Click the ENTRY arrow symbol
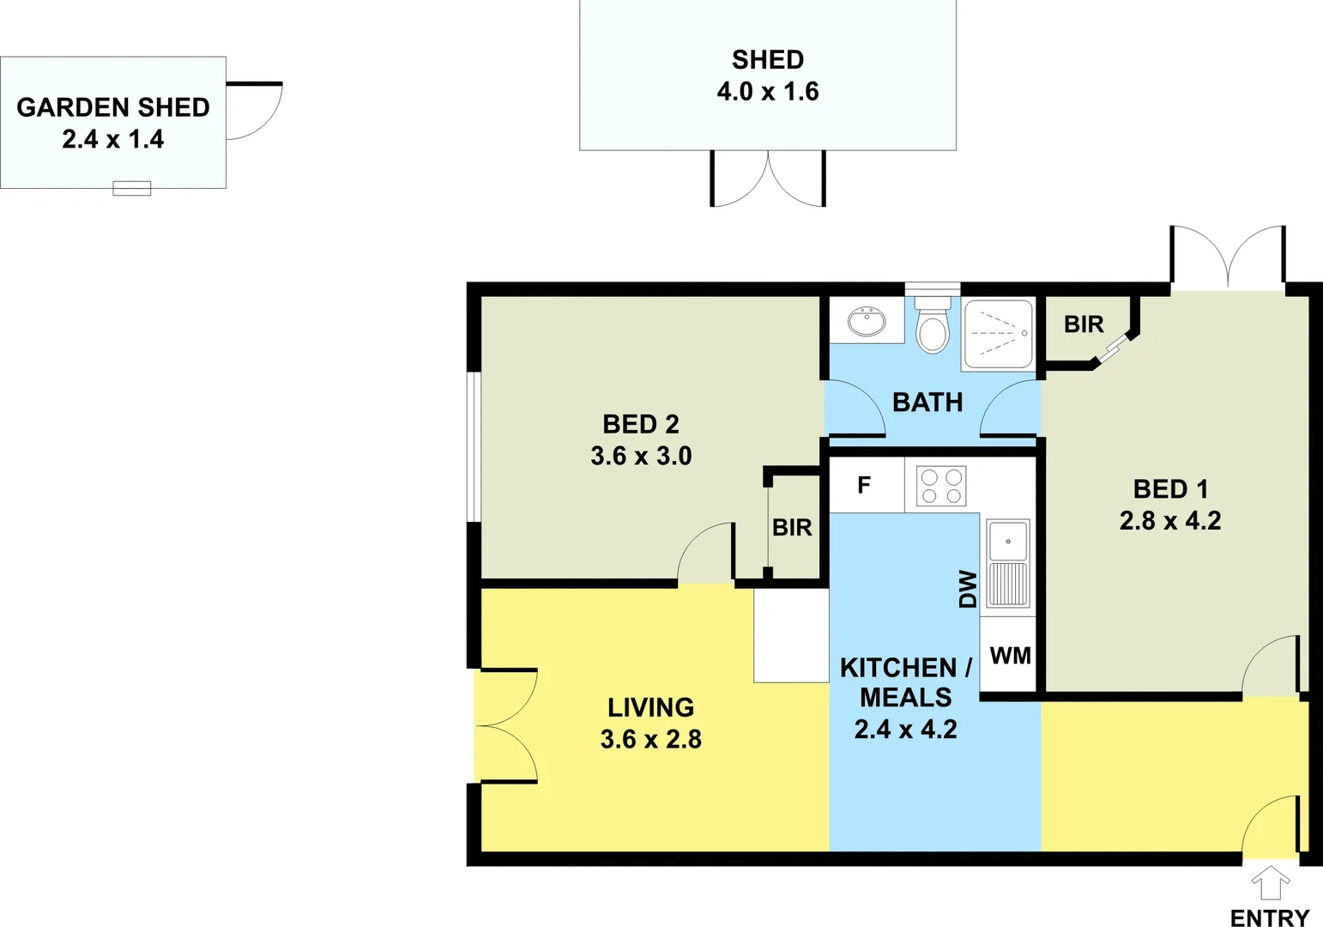(1271, 882)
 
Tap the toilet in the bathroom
(932, 326)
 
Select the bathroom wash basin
(867, 322)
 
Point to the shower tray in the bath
(997, 334)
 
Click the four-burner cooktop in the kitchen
(941, 486)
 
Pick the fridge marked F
(865, 485)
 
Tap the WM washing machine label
(1010, 656)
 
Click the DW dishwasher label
(968, 589)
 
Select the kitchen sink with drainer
(1007, 563)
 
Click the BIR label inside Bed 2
(792, 527)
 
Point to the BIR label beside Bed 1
(1084, 324)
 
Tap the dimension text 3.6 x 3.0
(641, 456)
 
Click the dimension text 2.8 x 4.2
(1170, 520)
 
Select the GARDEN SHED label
(113, 107)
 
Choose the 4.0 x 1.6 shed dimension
(768, 91)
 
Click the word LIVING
(651, 707)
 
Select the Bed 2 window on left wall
(474, 446)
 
